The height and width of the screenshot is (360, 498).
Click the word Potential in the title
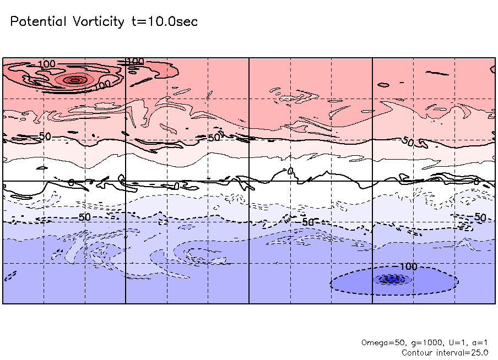coord(39,21)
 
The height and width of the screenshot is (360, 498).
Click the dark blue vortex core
coord(393,279)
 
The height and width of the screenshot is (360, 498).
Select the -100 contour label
coord(407,266)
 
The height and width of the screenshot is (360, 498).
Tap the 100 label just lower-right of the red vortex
coord(103,85)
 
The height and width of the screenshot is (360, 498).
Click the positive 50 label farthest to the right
coord(408,142)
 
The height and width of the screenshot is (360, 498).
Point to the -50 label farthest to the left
coord(83,217)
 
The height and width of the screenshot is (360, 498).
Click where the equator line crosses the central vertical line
coord(249,181)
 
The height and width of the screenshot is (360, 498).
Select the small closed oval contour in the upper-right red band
coord(383,84)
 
